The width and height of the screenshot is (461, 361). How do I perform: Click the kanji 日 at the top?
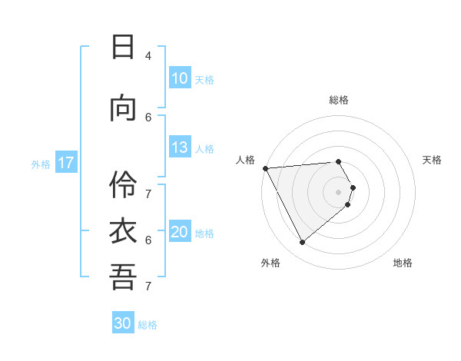tap(123, 47)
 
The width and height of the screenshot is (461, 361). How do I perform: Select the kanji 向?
tap(123, 109)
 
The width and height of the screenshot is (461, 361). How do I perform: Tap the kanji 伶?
tap(123, 184)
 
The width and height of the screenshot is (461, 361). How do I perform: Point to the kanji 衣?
tap(123, 231)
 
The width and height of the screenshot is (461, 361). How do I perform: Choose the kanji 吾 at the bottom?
tap(123, 277)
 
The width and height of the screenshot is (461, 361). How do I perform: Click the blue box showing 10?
tap(179, 78)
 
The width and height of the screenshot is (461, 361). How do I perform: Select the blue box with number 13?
tap(179, 148)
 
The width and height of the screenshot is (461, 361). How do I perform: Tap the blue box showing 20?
tap(179, 233)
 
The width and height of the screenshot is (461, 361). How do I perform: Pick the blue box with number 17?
tap(65, 163)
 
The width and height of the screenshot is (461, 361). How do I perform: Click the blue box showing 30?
tap(123, 323)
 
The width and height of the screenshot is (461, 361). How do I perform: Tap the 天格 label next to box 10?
tap(204, 79)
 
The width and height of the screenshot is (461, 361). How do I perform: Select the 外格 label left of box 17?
tap(41, 164)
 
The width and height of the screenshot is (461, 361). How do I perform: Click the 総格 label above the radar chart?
tap(339, 100)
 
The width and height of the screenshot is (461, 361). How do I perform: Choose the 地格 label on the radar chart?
tap(403, 263)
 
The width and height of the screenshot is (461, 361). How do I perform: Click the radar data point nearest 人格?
tap(264, 168)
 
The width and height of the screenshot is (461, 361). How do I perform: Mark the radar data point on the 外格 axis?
tap(302, 242)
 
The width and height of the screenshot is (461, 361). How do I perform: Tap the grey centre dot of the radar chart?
tap(339, 191)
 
